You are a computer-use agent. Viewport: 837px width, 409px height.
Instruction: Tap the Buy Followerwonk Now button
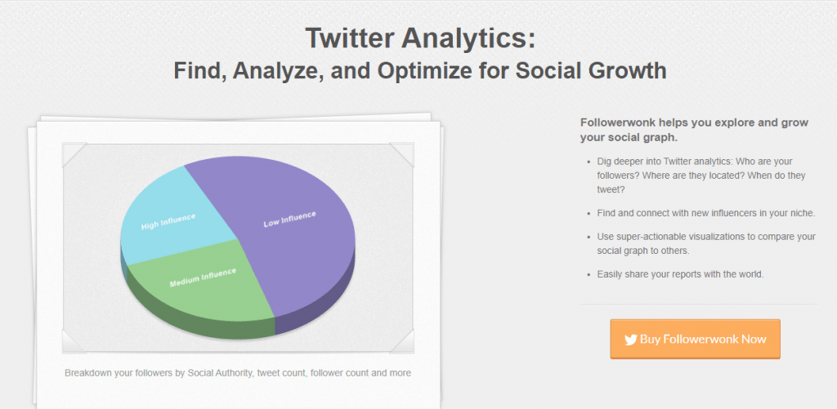coord(695,339)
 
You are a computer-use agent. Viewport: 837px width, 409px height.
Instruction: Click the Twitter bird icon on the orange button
coord(630,340)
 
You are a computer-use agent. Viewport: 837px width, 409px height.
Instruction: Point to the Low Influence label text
coord(290,219)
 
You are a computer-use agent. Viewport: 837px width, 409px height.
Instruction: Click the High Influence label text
coord(168,222)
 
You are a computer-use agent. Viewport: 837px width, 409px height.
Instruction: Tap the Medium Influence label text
coord(203,278)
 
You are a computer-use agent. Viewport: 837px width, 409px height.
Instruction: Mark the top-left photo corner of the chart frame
coord(74,154)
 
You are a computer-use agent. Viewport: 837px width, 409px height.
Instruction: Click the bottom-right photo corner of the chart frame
coord(402,341)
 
